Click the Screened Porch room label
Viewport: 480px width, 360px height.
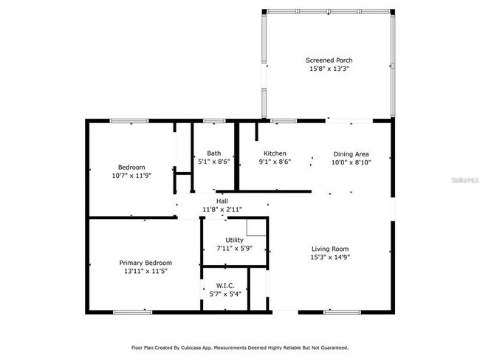pyautogui.click(x=327, y=60)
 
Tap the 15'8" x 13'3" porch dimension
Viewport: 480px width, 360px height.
pyautogui.click(x=327, y=69)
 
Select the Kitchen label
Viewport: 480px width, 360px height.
pyautogui.click(x=275, y=153)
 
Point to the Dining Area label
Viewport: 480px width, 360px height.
pyautogui.click(x=351, y=153)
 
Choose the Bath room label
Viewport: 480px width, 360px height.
pyautogui.click(x=213, y=153)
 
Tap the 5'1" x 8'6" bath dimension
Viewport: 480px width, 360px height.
pyautogui.click(x=213, y=162)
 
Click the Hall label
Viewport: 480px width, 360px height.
pyautogui.click(x=222, y=201)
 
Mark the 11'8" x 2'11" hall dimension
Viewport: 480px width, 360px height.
pyautogui.click(x=222, y=210)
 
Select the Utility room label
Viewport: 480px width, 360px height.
pyautogui.click(x=234, y=240)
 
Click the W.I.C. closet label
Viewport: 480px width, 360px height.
pyautogui.click(x=225, y=285)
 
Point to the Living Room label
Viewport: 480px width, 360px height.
pyautogui.click(x=329, y=249)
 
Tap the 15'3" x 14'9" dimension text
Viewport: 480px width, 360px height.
pyautogui.click(x=329, y=257)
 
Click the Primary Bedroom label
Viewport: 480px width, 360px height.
pyautogui.click(x=145, y=263)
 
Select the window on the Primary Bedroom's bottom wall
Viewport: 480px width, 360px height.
pyautogui.click(x=132, y=311)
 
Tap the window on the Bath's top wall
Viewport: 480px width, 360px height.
pyautogui.click(x=214, y=120)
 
